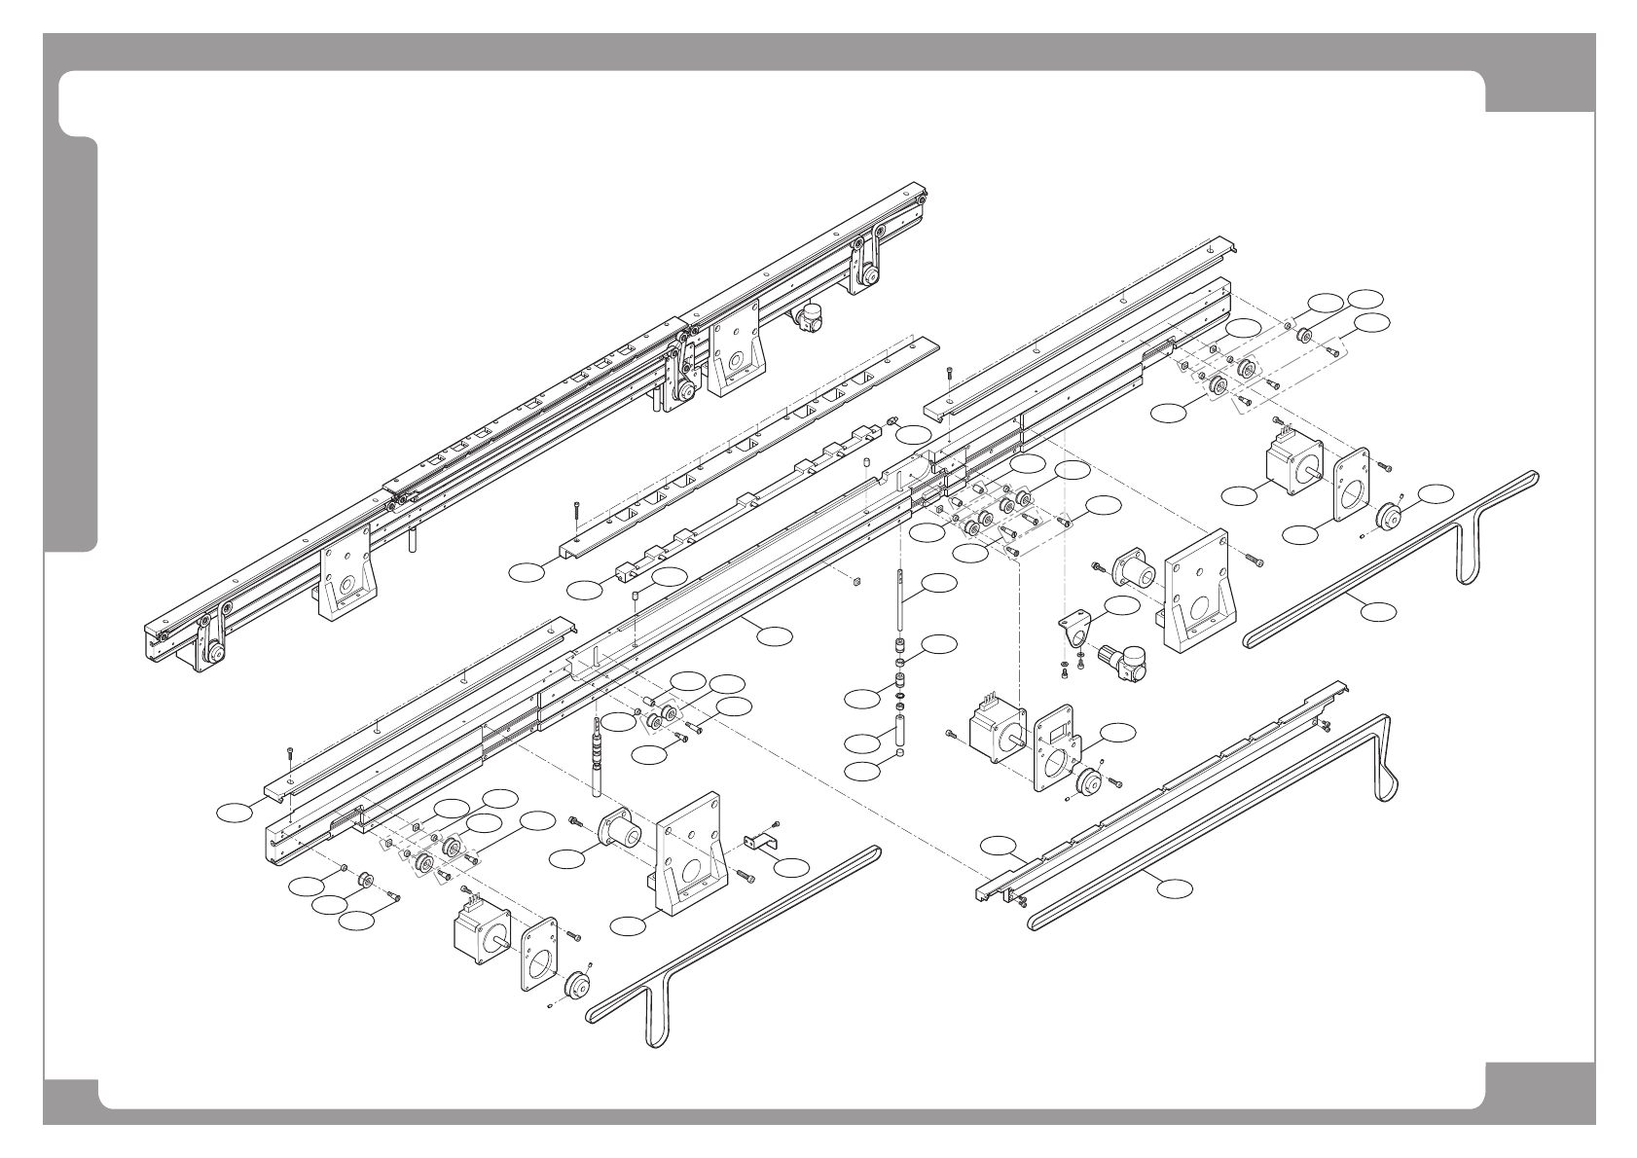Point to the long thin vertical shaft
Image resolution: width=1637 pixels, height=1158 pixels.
pyautogui.click(x=901, y=603)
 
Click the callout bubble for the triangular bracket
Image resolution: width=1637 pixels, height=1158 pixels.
pyautogui.click(x=1120, y=605)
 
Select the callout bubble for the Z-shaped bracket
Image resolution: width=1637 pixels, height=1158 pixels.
pyautogui.click(x=792, y=866)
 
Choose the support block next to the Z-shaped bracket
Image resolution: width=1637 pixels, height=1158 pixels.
pyautogui.click(x=690, y=855)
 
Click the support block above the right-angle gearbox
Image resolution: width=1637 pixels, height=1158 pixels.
pyautogui.click(x=1199, y=589)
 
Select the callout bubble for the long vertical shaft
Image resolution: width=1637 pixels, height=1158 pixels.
pyautogui.click(x=939, y=584)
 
